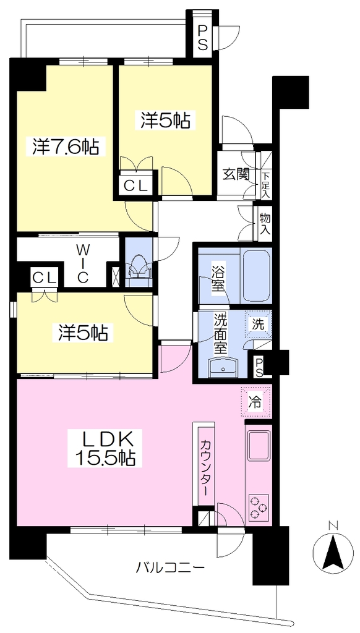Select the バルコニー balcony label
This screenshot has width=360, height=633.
(169, 569)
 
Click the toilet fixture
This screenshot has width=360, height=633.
(138, 267)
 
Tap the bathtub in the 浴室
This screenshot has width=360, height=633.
(256, 275)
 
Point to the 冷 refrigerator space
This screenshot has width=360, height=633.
(255, 401)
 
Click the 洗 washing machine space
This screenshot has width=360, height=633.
(258, 325)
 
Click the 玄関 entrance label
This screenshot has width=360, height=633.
(236, 175)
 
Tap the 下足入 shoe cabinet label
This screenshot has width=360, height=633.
(265, 185)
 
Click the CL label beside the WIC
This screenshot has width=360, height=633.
(44, 278)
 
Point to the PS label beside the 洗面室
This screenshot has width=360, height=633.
(258, 366)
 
